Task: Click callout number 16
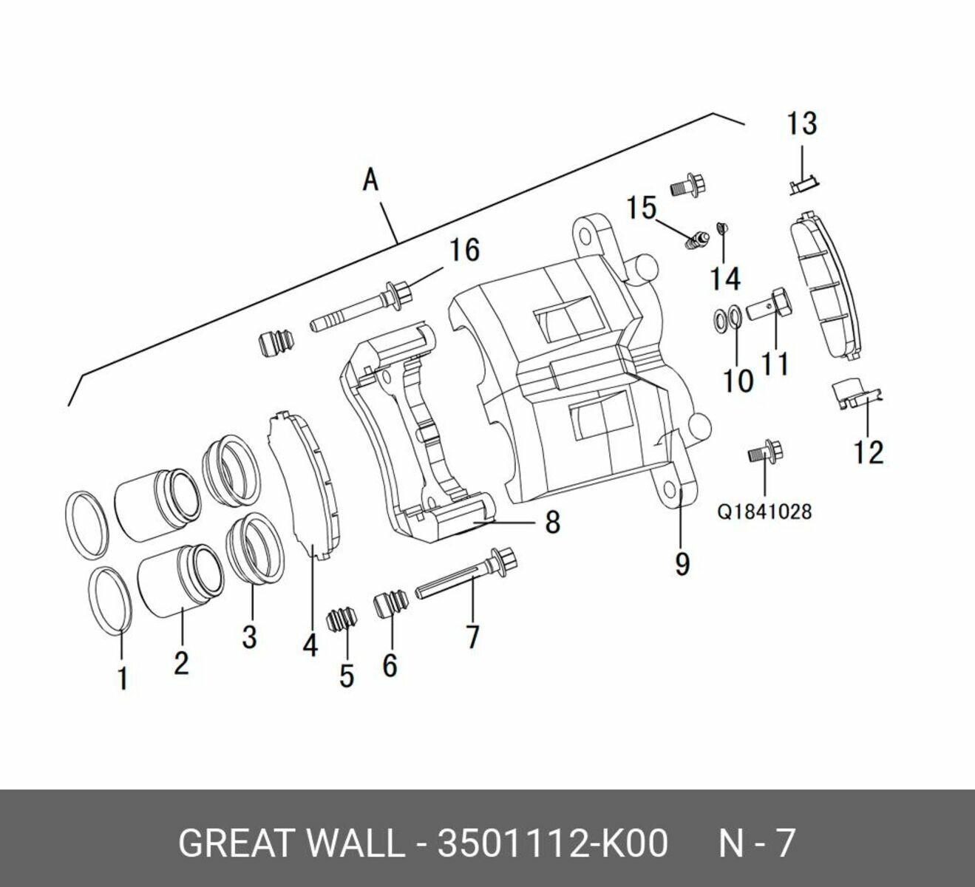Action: (x=465, y=250)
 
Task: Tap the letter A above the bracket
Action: (x=371, y=180)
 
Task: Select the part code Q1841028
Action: (x=764, y=511)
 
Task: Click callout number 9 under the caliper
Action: (x=682, y=564)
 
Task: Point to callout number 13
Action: (x=801, y=123)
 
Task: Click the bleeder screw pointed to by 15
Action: (x=696, y=241)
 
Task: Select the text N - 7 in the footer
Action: (x=757, y=843)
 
